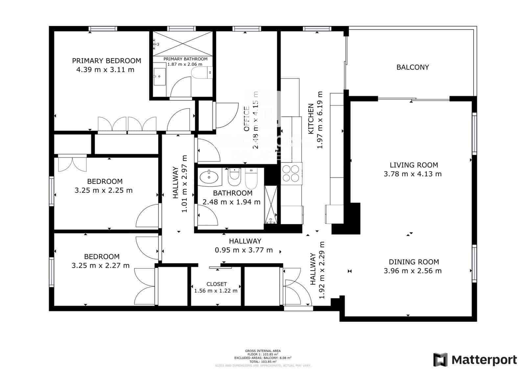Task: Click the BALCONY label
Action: click(413, 67)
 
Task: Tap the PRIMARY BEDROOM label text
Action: click(107, 61)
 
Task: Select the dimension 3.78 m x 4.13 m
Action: click(413, 174)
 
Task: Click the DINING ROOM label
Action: click(414, 262)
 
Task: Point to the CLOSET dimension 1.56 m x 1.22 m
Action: click(216, 291)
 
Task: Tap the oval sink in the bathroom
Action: click(209, 177)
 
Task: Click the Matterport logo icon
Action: click(440, 360)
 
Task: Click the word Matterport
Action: click(484, 360)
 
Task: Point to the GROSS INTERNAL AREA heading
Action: click(263, 351)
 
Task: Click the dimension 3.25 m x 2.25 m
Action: click(104, 190)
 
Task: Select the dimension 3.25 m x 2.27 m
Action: click(101, 265)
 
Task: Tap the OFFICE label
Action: click(247, 119)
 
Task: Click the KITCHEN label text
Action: click(310, 119)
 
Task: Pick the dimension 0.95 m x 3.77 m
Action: click(244, 250)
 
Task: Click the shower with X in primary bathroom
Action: click(183, 43)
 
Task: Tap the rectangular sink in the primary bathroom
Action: click(160, 77)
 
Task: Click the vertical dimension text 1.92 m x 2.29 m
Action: click(322, 270)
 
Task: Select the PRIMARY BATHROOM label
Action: click(185, 59)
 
